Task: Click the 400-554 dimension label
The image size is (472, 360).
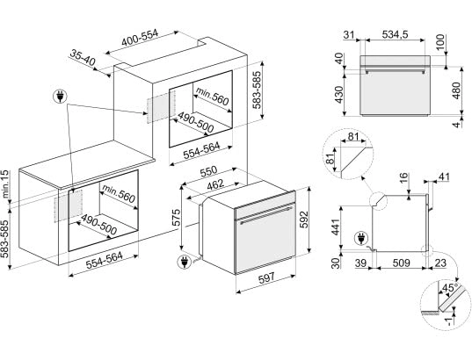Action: click(140, 38)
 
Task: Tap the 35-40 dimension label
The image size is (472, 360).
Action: click(83, 58)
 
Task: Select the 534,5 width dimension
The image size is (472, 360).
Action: click(395, 35)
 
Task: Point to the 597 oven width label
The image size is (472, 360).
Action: click(266, 277)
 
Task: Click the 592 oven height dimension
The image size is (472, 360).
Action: click(305, 220)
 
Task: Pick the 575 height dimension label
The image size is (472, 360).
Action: click(176, 218)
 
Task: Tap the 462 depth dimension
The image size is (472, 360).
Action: click(215, 184)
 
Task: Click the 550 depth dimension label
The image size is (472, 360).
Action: click(208, 171)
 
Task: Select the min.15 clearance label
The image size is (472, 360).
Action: click(5, 184)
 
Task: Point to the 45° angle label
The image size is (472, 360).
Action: click(450, 287)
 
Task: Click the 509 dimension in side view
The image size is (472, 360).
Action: click(402, 263)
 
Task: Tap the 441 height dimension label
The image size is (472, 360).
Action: click(336, 227)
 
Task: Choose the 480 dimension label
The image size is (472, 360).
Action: click(456, 90)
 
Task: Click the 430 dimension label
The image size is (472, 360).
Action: click(339, 95)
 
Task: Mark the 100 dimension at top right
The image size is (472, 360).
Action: click(439, 43)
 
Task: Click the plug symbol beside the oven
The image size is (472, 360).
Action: click(185, 262)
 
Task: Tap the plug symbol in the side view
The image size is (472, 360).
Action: click(361, 239)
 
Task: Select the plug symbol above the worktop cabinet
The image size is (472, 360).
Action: click(60, 97)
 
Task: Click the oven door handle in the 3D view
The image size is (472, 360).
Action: click(266, 213)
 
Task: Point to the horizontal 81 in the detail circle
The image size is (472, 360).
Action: click(353, 137)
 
